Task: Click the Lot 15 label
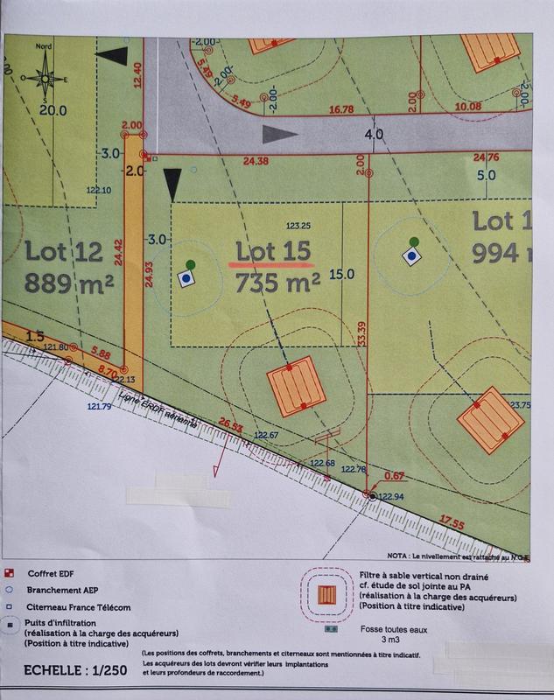coord(274,251)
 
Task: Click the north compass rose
coord(41,77)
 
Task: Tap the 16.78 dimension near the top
coord(340,109)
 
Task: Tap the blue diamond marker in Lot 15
coord(186,278)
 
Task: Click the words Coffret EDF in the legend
coord(50,573)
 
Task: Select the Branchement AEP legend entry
coord(61,590)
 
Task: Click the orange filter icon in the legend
coord(327,595)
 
